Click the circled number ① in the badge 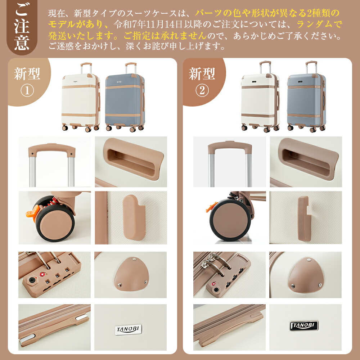pyautogui.click(x=27, y=91)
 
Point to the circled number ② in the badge pyautogui.click(x=202, y=91)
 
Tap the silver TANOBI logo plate pyautogui.click(x=129, y=329)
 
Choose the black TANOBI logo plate pyautogui.click(x=305, y=325)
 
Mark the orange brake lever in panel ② pyautogui.click(x=211, y=206)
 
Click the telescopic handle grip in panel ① pyautogui.click(x=52, y=149)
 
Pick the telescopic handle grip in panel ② pyautogui.click(x=230, y=147)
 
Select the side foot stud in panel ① pyautogui.click(x=134, y=217)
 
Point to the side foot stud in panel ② pyautogui.click(x=304, y=219)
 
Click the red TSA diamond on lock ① pyautogui.click(x=42, y=274)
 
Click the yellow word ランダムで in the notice pyautogui.click(x=319, y=24)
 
